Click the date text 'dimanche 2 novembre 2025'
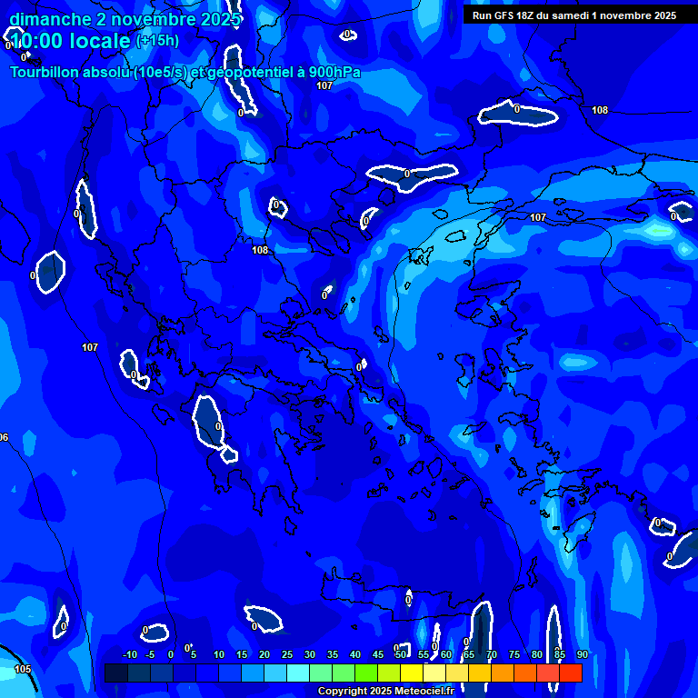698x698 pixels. [125, 19]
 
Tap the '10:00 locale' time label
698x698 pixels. [71, 41]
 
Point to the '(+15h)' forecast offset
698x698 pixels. [157, 41]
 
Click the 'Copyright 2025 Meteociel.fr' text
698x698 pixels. [386, 692]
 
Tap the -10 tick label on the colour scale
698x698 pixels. [129, 655]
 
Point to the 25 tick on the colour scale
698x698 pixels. [287, 655]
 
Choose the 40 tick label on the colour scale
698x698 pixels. [355, 655]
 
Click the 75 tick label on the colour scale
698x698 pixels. [514, 655]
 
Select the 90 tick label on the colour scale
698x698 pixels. [583, 655]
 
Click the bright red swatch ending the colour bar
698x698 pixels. [570, 673]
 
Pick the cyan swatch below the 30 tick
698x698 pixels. [297, 673]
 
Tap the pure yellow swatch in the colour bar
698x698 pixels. [411, 673]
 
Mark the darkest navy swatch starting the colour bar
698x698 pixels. [115, 673]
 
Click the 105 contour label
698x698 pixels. [23, 670]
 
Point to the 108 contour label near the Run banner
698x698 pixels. [600, 111]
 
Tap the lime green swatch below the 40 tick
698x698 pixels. [365, 673]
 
